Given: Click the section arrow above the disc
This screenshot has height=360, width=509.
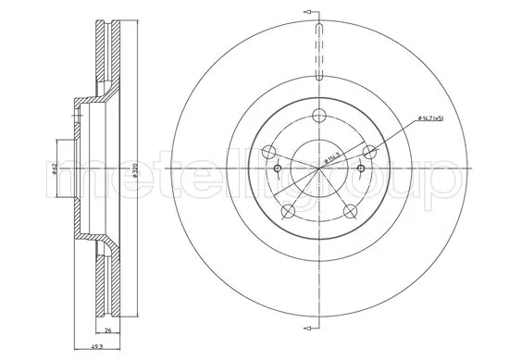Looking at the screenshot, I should point(317,9).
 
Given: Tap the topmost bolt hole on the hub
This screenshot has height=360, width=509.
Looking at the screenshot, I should point(318,115).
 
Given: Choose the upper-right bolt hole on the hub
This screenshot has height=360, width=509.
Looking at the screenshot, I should point(370,153).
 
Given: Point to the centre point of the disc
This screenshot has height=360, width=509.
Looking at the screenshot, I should point(318,170).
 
